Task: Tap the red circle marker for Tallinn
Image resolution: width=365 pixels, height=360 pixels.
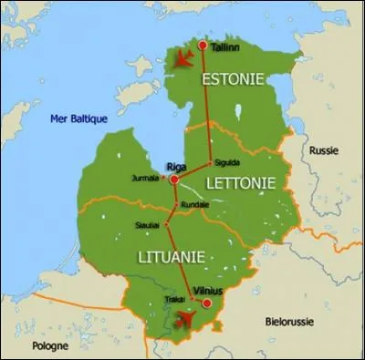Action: pyautogui.click(x=202, y=44)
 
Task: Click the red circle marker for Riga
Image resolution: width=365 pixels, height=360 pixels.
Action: pyautogui.click(x=173, y=180)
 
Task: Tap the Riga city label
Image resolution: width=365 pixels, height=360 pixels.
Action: pyautogui.click(x=177, y=167)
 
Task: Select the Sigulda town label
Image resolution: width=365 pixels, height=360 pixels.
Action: pyautogui.click(x=227, y=163)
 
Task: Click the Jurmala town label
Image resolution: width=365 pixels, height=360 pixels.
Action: pyautogui.click(x=145, y=178)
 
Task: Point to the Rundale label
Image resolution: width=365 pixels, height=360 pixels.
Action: pyautogui.click(x=196, y=204)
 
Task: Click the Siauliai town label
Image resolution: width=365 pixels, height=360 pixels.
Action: pyautogui.click(x=148, y=222)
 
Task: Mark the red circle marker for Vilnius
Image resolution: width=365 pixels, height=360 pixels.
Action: pyautogui.click(x=207, y=303)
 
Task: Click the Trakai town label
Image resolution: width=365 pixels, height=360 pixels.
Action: pyautogui.click(x=176, y=298)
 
